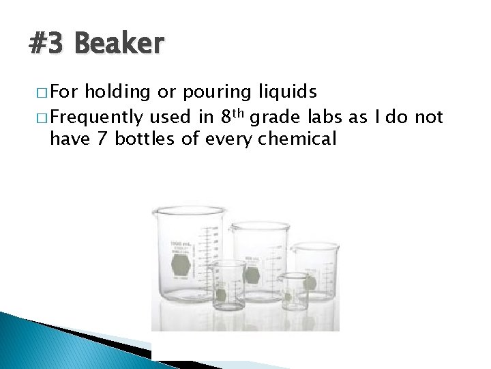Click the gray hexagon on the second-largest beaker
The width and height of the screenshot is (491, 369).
click(x=252, y=275)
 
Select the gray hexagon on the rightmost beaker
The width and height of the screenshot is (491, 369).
click(x=310, y=282)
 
